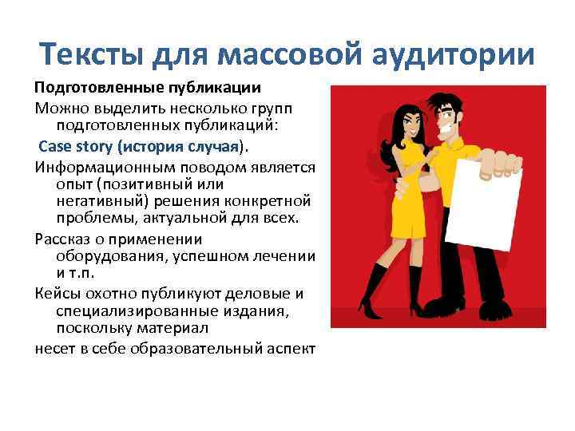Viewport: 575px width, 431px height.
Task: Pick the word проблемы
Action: pos(93,218)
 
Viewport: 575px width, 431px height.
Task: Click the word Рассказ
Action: pos(63,239)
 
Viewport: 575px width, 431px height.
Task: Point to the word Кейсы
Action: pos(56,293)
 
